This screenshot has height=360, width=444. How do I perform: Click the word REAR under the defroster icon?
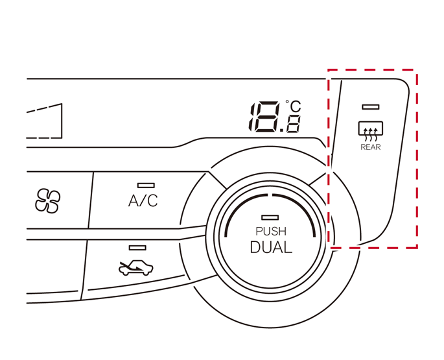[371, 147]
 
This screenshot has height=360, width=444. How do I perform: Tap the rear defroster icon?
[371, 130]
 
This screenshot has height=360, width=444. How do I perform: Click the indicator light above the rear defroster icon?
[371, 106]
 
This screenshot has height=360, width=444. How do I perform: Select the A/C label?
[143, 200]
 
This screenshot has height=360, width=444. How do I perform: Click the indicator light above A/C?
[146, 186]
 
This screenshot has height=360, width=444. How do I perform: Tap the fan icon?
[47, 201]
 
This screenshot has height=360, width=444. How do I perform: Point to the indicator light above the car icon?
[137, 247]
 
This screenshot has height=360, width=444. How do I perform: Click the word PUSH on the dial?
[270, 232]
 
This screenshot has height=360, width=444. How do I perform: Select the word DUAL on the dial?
[271, 247]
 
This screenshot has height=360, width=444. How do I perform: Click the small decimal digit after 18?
[294, 125]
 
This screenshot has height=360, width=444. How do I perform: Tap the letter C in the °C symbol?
[296, 108]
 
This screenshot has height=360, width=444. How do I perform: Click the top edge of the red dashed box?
[372, 70]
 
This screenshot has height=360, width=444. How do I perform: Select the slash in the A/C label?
[143, 200]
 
